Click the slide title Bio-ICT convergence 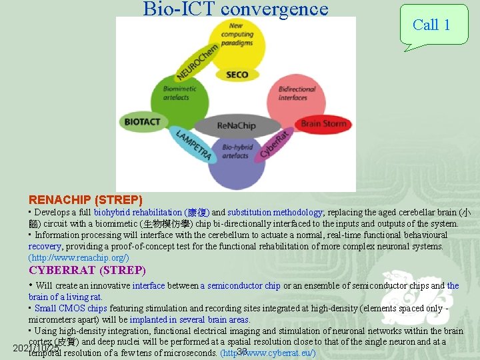(235, 9)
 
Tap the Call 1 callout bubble (432, 25)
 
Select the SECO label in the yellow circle (237, 75)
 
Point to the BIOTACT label (142, 122)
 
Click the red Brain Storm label (323, 123)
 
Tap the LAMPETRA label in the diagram (194, 145)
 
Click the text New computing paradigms (237, 35)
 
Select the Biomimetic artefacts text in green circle (176, 93)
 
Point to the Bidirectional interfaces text (293, 93)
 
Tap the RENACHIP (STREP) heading (85, 199)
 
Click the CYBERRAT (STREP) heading (87, 270)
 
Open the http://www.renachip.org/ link (79, 257)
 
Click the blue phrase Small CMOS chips (71, 308)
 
